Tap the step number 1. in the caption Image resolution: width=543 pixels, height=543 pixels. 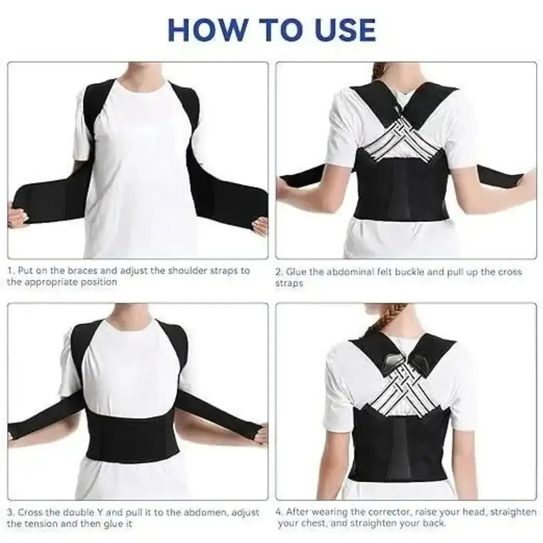11,271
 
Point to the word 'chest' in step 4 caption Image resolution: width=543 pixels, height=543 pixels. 311,524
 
